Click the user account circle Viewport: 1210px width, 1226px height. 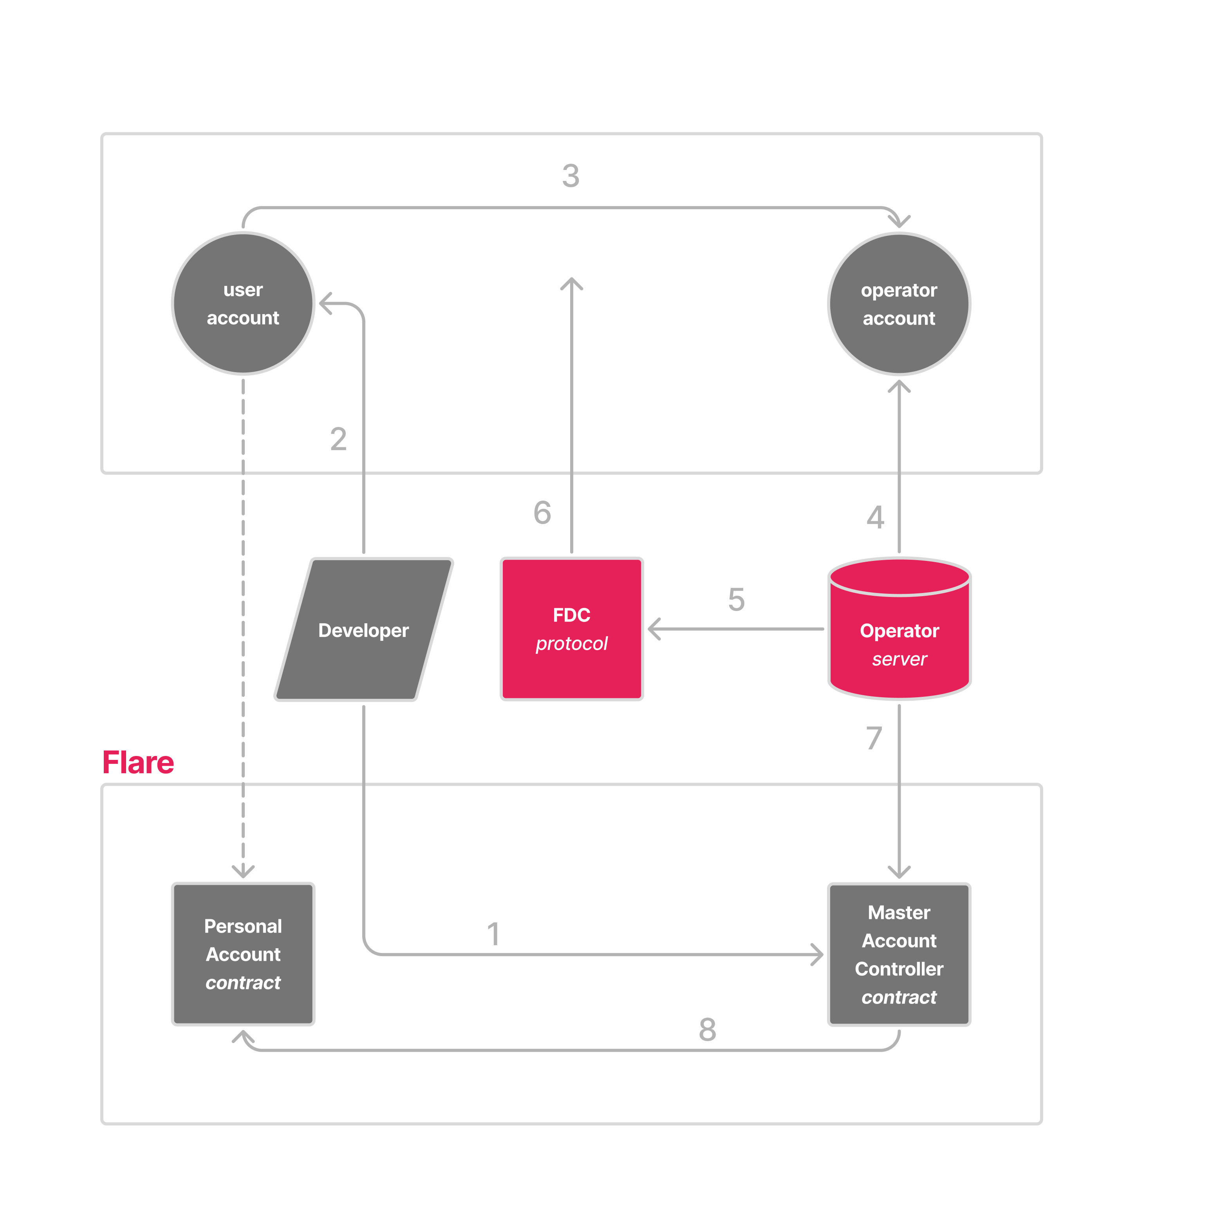coord(243,303)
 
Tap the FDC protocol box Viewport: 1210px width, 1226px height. coord(572,629)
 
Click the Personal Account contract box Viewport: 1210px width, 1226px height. coord(243,954)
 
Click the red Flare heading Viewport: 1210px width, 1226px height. coord(138,762)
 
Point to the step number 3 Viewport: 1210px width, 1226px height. coord(571,176)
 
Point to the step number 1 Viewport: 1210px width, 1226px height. coord(494,934)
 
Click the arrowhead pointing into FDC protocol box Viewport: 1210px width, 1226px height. coord(654,629)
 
